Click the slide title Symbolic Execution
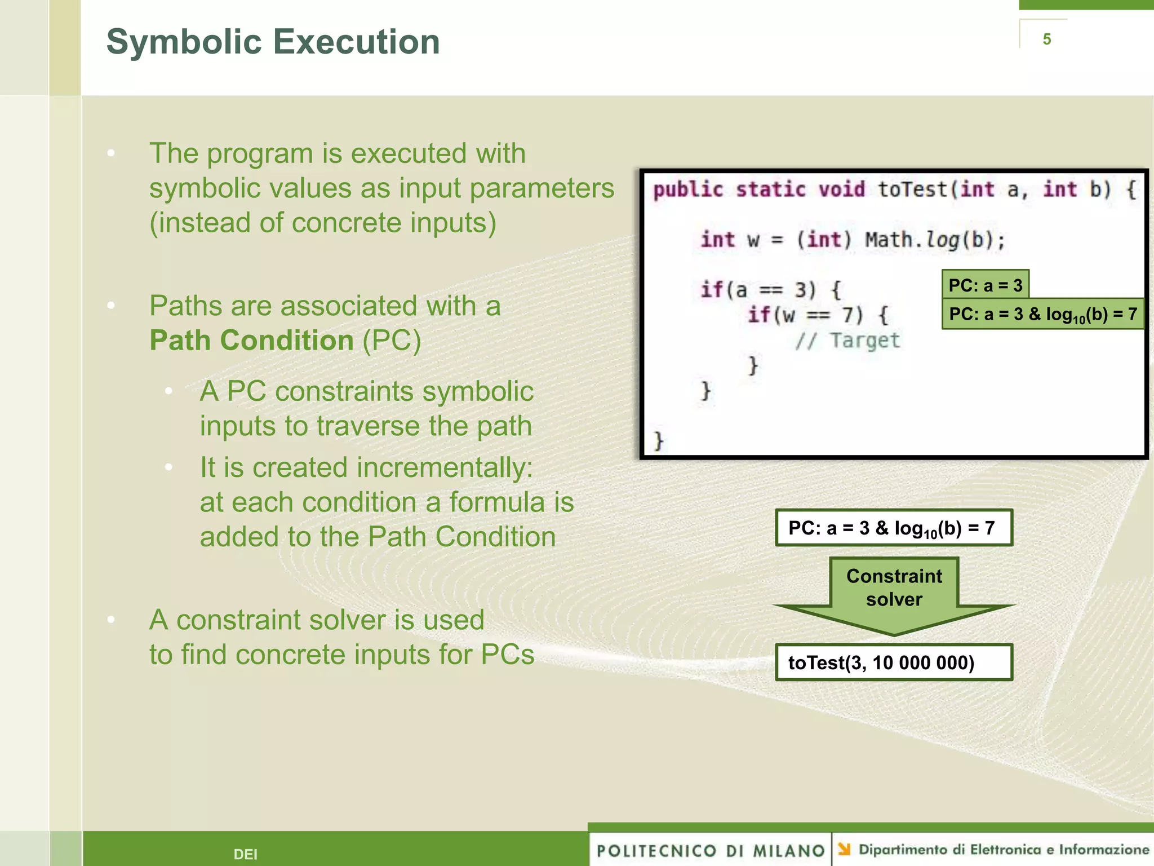pos(273,42)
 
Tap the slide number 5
pos(1046,39)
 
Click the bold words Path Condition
pos(251,341)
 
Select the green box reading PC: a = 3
pos(985,285)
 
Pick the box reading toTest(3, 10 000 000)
pos(894,662)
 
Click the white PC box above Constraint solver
pos(894,528)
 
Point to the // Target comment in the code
pos(847,341)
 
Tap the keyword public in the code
pos(688,189)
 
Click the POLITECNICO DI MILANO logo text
pos(711,850)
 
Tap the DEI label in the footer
pos(245,854)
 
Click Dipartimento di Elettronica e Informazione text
pos(1004,850)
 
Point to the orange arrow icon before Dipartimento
pos(844,849)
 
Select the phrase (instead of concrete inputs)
pos(323,223)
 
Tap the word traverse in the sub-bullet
pos(368,426)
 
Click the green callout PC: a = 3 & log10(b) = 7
pos(1042,314)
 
